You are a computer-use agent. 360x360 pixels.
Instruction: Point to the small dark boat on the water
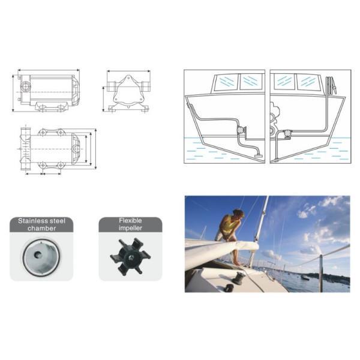pos(305,277)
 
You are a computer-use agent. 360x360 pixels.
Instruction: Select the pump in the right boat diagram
pos(287,133)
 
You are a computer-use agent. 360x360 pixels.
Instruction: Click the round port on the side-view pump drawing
pos(25,87)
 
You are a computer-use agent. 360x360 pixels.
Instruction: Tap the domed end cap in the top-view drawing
pos(77,146)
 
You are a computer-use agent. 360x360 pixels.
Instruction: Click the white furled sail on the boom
pos(219,252)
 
